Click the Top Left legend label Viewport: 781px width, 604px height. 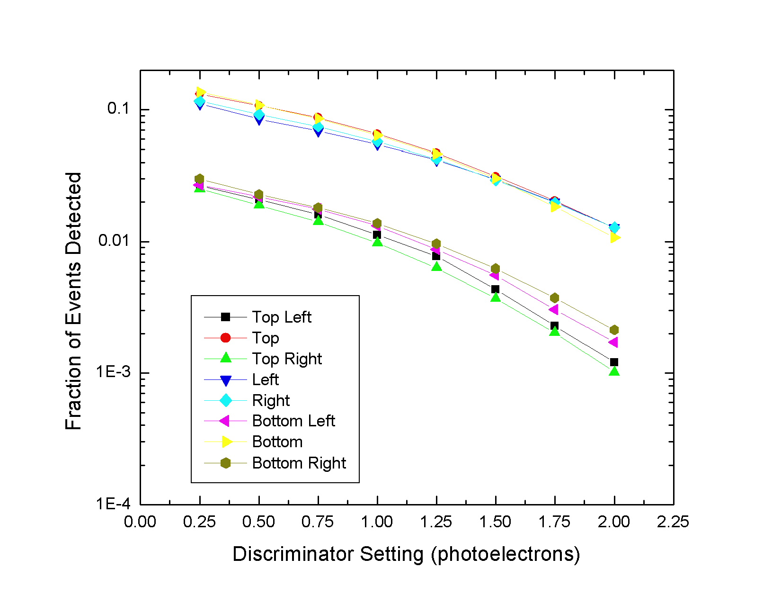pyautogui.click(x=282, y=317)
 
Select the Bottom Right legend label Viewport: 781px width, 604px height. pyautogui.click(x=299, y=463)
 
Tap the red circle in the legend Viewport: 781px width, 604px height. pyautogui.click(x=226, y=338)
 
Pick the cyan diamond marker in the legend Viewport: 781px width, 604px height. pyautogui.click(x=226, y=400)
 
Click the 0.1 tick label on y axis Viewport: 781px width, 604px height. pyautogui.click(x=118, y=108)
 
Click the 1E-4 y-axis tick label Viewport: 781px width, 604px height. pyautogui.click(x=113, y=504)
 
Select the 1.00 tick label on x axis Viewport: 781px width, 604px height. pyautogui.click(x=377, y=522)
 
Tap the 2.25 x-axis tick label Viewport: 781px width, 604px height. pyautogui.click(x=673, y=522)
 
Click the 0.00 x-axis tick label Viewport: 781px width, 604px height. pyautogui.click(x=140, y=522)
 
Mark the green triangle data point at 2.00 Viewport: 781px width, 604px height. pyautogui.click(x=614, y=371)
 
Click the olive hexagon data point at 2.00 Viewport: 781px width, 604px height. pyautogui.click(x=614, y=330)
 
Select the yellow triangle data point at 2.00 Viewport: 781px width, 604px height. pyautogui.click(x=614, y=237)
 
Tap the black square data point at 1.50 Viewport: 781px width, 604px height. pyautogui.click(x=495, y=289)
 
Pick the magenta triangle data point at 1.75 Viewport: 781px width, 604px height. pyautogui.click(x=554, y=309)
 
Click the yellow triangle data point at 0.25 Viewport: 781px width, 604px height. pyautogui.click(x=201, y=92)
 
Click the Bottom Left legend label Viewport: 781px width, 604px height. pyautogui.click(x=293, y=421)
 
